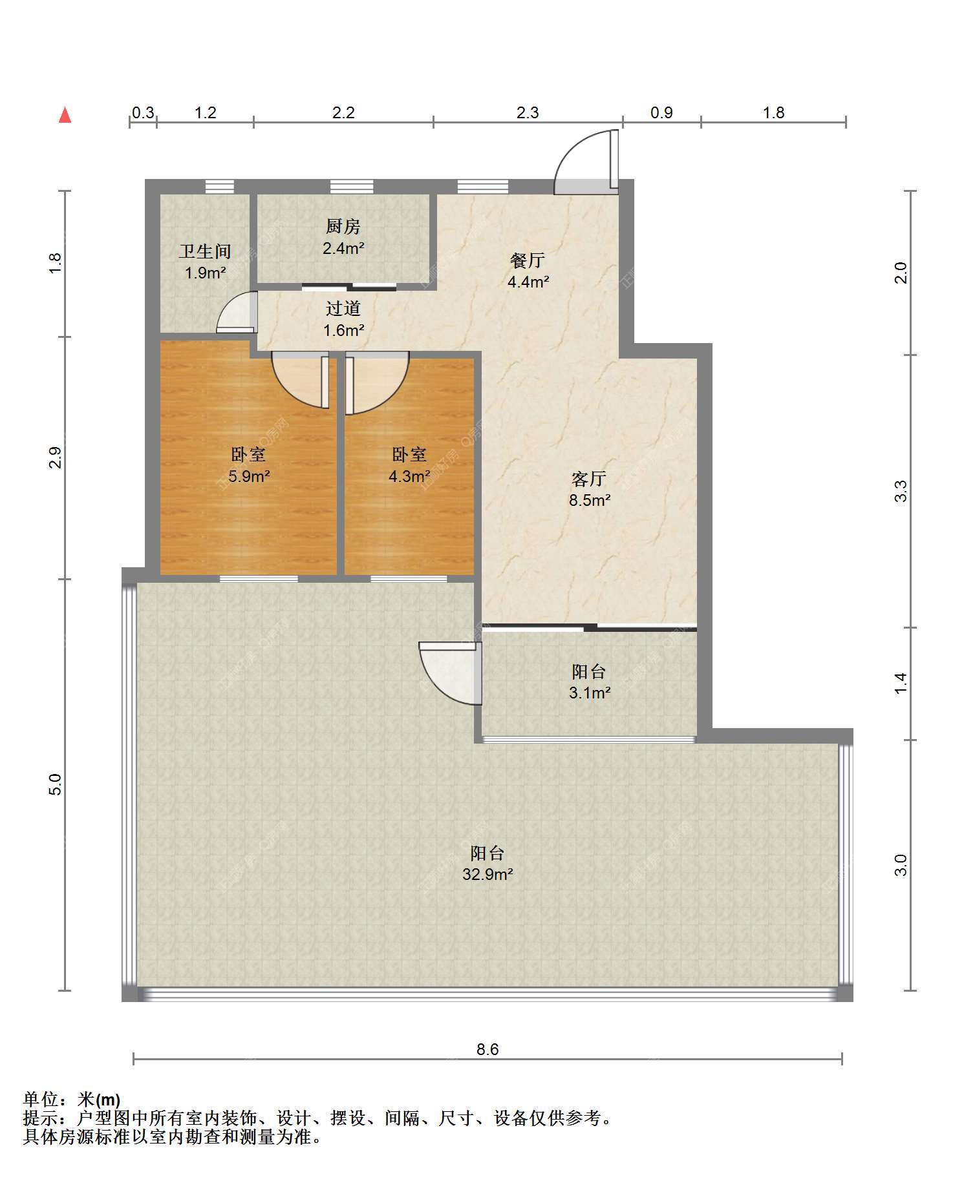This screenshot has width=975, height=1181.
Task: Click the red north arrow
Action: [x=65, y=115]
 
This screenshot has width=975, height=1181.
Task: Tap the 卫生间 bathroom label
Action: [x=205, y=251]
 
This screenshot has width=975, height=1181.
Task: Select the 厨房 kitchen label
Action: [x=343, y=227]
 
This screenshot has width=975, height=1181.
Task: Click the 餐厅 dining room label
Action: [x=528, y=260]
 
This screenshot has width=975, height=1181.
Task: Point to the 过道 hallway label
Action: [x=343, y=309]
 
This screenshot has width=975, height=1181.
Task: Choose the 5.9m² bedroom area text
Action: [x=249, y=477]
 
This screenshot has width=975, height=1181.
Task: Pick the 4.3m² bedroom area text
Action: [x=409, y=477]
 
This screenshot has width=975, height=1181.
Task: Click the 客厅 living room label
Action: [x=589, y=479]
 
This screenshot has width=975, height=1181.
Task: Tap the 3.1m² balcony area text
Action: [x=590, y=693]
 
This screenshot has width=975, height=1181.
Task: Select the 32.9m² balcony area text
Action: [x=487, y=875]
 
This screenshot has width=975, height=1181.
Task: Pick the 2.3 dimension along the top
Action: [x=528, y=113]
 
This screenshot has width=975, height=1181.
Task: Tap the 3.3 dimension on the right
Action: [x=901, y=491]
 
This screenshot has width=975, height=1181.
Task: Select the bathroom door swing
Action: [x=237, y=312]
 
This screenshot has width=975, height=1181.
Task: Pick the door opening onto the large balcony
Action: [x=451, y=673]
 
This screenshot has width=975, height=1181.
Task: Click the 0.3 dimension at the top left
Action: [x=143, y=113]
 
